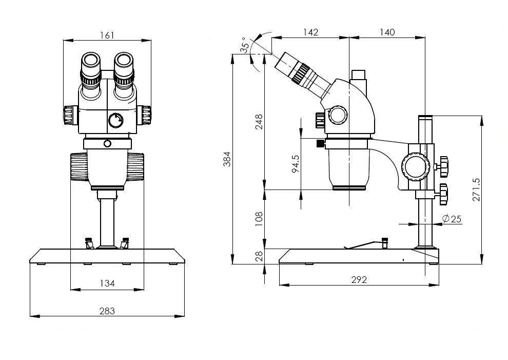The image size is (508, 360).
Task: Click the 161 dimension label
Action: (107, 35)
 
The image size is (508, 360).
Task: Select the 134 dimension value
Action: (107, 283)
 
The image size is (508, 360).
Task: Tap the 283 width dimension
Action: (107, 311)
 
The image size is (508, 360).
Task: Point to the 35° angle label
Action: (246, 45)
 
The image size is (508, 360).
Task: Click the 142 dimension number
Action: (310, 32)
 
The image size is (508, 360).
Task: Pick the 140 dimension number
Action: (387, 32)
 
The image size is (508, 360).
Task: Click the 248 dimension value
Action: (259, 122)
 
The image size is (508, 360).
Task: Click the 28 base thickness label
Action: (259, 255)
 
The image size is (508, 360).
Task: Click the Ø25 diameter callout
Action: (451, 219)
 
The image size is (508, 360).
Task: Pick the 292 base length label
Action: (359, 280)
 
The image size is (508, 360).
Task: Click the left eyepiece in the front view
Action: (91, 67)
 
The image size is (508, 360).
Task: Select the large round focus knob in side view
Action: (416, 166)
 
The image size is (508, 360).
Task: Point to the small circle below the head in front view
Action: (107, 143)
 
